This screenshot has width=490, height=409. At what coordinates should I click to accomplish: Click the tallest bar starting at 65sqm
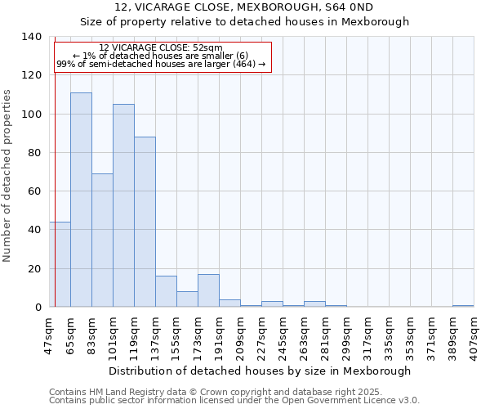click(x=81, y=200)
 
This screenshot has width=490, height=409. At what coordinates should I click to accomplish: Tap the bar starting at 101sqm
click(x=123, y=205)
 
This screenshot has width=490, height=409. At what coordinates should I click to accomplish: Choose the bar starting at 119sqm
click(x=145, y=222)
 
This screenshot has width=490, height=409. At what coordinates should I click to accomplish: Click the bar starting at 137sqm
click(x=166, y=291)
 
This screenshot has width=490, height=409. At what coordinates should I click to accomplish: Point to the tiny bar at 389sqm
click(x=463, y=306)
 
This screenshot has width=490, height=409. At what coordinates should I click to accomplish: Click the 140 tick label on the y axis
click(x=32, y=37)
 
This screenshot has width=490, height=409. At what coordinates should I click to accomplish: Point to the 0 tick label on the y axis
click(x=38, y=308)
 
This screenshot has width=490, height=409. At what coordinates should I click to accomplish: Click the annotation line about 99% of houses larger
click(x=161, y=64)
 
